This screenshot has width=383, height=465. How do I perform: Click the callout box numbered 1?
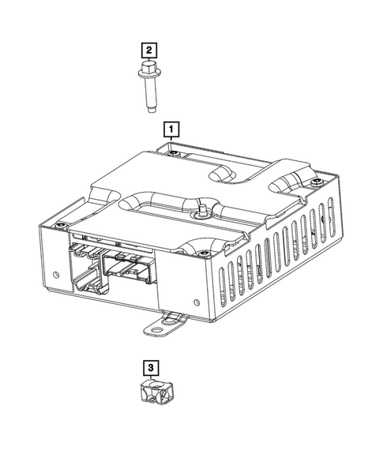(x=170, y=127)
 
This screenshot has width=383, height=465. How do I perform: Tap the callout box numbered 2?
(x=148, y=50)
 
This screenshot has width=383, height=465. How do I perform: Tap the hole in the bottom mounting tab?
(x=171, y=323)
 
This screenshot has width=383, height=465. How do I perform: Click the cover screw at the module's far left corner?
(x=60, y=227)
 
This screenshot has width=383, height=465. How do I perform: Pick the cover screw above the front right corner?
(x=204, y=253)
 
